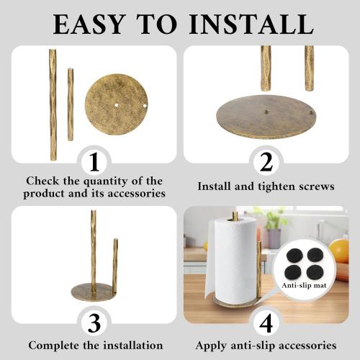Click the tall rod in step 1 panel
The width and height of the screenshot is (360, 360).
pos(53,104)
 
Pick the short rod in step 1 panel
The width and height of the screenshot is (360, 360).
pos(71,104)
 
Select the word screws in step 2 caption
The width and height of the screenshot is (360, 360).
pos(313,186)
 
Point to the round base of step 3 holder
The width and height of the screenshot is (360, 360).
pos(94,293)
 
